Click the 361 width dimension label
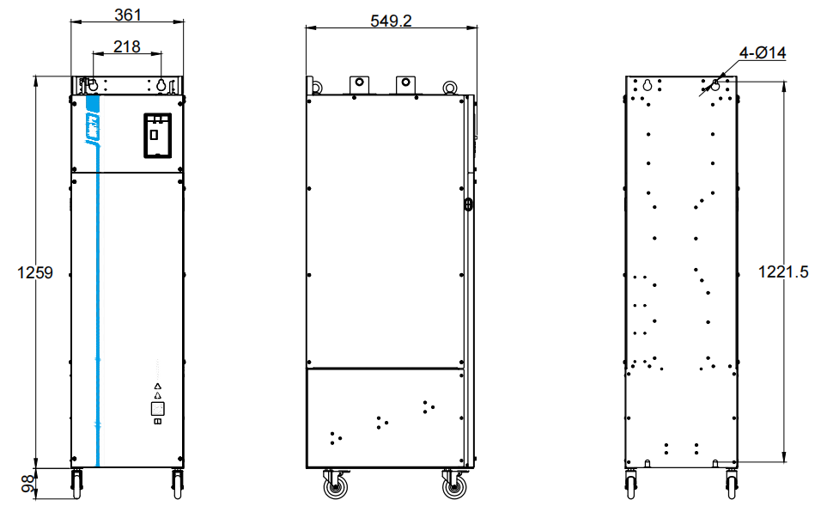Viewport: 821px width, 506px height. click(128, 15)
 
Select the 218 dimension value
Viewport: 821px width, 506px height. click(127, 46)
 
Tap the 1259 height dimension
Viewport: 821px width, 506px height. click(35, 272)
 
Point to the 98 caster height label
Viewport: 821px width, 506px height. click(28, 484)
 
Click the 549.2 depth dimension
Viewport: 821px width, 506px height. click(391, 21)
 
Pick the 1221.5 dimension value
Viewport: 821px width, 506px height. click(783, 271)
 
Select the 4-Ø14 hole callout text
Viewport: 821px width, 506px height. click(763, 53)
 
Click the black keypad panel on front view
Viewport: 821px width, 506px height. click(158, 135)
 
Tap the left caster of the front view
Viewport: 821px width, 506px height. click(77, 484)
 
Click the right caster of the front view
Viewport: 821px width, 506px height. click(178, 484)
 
